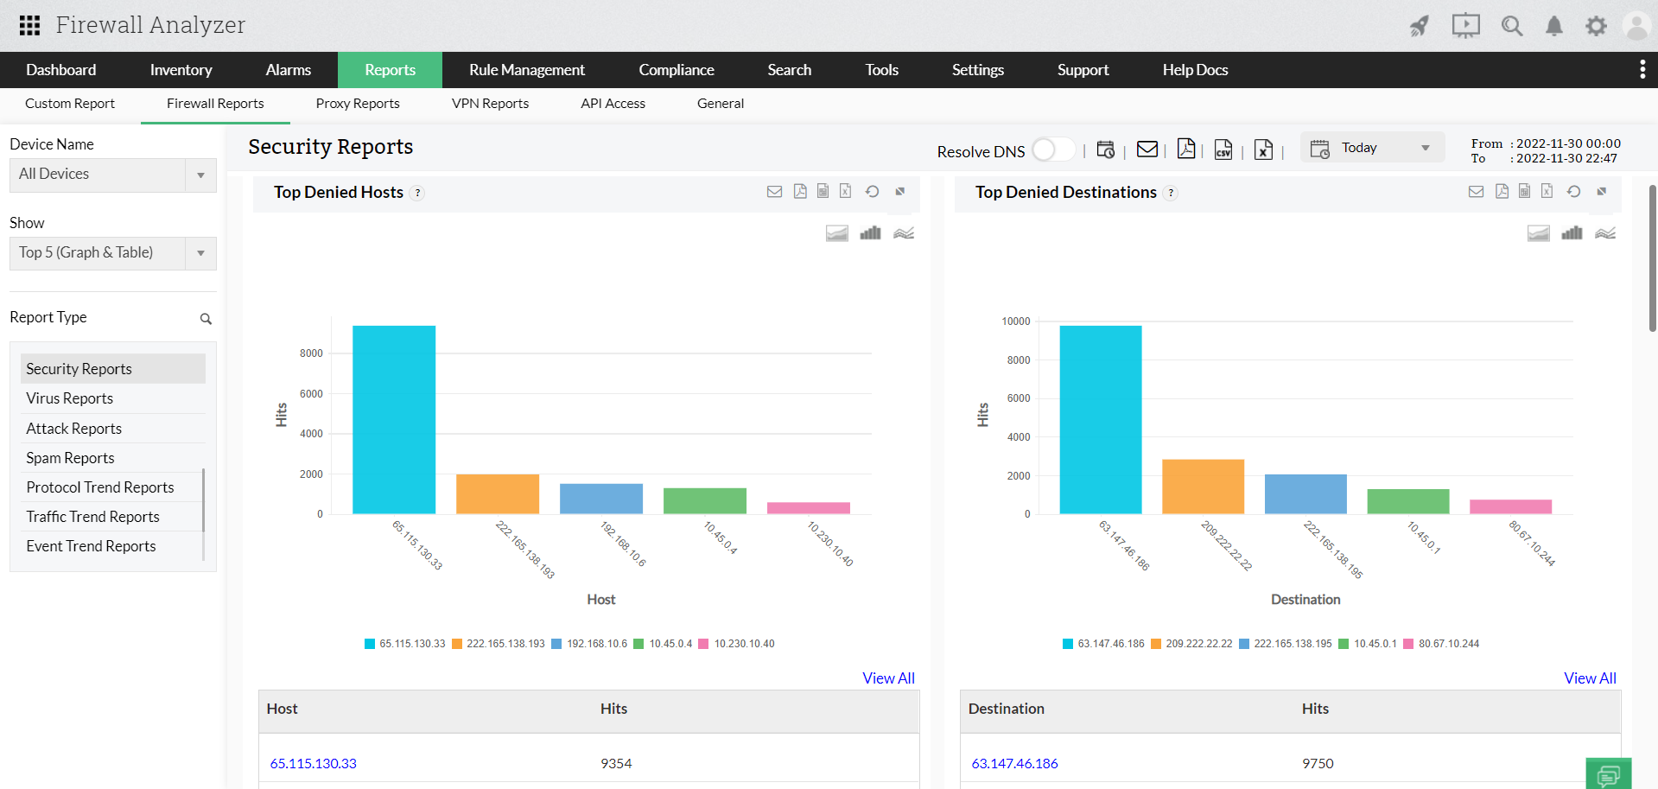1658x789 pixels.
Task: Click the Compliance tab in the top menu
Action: click(676, 70)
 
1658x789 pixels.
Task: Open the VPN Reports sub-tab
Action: click(490, 104)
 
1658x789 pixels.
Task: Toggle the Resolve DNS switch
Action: click(1052, 150)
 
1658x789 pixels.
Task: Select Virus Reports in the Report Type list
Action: click(70, 398)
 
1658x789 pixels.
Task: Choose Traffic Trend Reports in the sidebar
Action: click(92, 517)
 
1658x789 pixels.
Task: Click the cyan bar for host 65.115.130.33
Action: click(394, 419)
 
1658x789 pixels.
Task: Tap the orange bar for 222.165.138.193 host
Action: click(498, 493)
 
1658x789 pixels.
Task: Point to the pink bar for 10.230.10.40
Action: click(808, 508)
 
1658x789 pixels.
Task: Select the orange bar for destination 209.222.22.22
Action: click(1203, 487)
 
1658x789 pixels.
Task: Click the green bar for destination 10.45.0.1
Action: click(1407, 501)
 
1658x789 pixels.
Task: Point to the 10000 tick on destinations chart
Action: click(1016, 321)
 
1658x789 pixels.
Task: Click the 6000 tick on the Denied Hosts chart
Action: click(311, 394)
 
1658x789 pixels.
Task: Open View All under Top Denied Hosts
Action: click(888, 678)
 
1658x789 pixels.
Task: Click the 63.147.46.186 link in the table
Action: click(1014, 763)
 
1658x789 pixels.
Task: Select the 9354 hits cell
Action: click(616, 763)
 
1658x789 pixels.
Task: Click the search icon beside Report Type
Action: click(206, 319)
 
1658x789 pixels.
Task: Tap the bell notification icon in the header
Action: click(1553, 26)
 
